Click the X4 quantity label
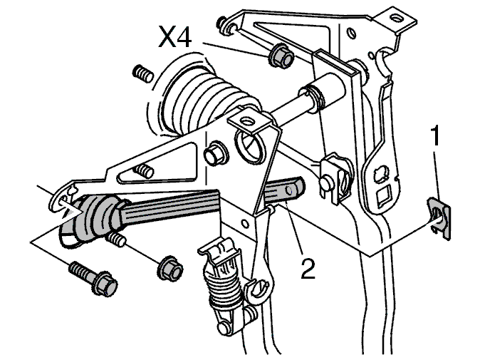pos(174,37)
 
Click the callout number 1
pos(435,135)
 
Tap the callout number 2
pos(308,268)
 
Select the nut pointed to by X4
pos(281,56)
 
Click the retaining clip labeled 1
pos(439,217)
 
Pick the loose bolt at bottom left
pos(94,278)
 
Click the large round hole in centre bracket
pos(249,146)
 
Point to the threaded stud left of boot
pos(143,74)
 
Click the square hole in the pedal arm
pos(382,195)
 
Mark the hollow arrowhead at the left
pos(71,212)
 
